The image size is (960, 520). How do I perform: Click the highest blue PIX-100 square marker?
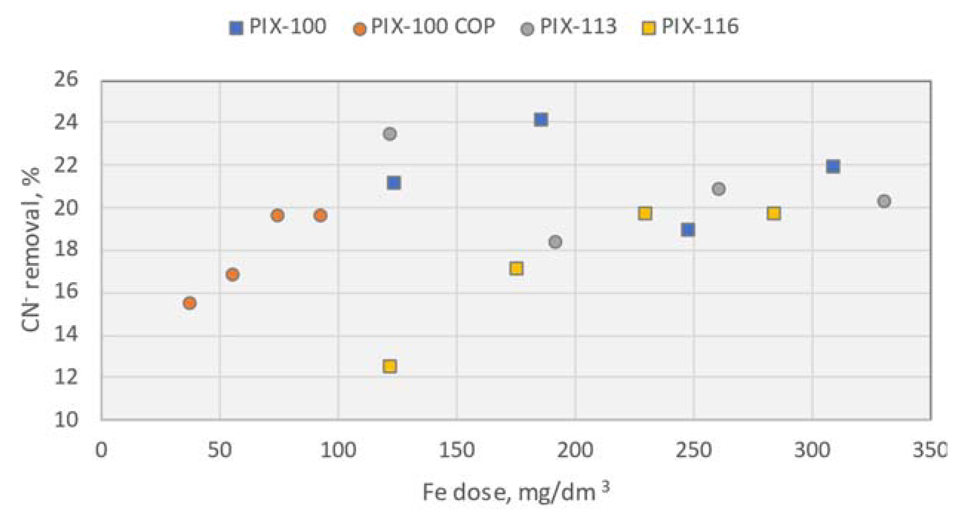click(x=541, y=120)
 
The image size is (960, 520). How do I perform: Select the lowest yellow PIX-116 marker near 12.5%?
click(x=389, y=366)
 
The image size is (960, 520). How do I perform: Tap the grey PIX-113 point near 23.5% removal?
click(x=389, y=134)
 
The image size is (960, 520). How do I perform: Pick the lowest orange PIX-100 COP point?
click(x=190, y=303)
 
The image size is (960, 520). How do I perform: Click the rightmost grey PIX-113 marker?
click(x=884, y=201)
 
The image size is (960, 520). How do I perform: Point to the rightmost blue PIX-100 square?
click(x=833, y=166)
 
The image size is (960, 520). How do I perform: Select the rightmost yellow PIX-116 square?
click(x=774, y=213)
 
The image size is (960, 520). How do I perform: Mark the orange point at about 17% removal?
click(x=232, y=274)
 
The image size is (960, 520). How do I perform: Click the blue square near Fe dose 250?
click(x=688, y=230)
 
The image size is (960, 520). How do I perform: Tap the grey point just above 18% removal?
click(x=555, y=242)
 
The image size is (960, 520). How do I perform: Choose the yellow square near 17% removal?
click(x=516, y=268)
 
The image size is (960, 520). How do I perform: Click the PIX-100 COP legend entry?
click(x=424, y=27)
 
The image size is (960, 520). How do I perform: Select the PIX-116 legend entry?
click(x=690, y=27)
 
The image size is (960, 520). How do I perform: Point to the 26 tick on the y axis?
click(x=66, y=79)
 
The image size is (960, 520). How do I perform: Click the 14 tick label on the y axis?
click(x=66, y=334)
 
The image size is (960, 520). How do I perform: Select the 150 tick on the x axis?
click(x=456, y=450)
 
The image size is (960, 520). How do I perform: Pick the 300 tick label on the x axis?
click(x=812, y=450)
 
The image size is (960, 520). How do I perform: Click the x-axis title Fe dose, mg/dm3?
click(x=516, y=492)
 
